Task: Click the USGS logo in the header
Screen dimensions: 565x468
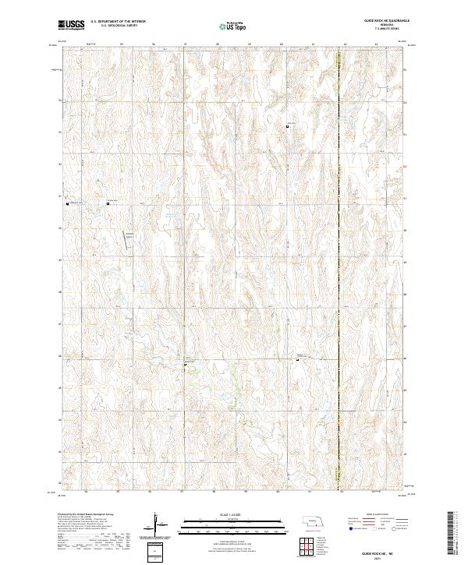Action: click(x=71, y=25)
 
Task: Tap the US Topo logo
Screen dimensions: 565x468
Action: click(x=233, y=25)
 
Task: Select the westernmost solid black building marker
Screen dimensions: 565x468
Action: click(x=69, y=203)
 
